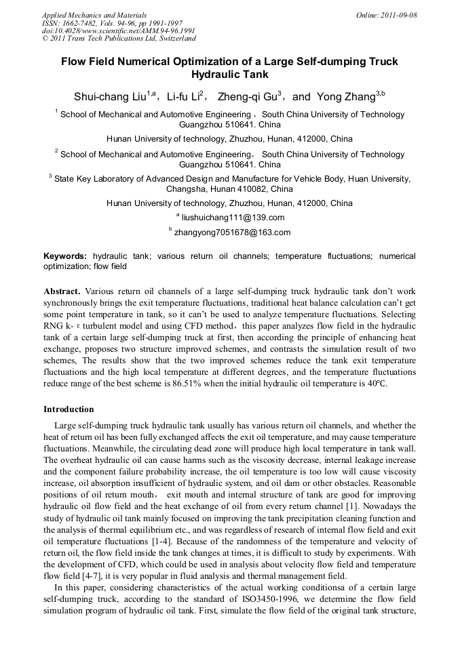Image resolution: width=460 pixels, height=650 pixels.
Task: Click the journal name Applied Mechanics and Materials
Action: (x=94, y=15)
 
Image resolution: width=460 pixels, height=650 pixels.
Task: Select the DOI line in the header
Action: (x=119, y=31)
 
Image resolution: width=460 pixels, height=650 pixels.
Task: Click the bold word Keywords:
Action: (x=65, y=257)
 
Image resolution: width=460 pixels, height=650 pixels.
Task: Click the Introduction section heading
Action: (x=69, y=409)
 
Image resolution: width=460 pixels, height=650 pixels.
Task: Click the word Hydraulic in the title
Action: (x=230, y=75)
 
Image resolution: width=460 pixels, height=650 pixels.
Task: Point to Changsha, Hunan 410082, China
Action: (x=229, y=189)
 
